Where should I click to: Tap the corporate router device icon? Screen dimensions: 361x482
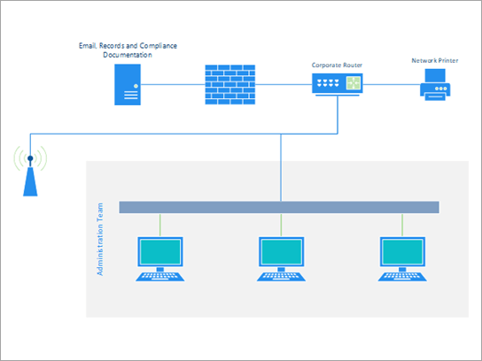(338, 85)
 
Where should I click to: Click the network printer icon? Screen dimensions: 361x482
(435, 87)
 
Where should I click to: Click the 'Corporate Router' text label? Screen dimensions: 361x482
(337, 65)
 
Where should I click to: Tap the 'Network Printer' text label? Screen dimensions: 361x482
(435, 61)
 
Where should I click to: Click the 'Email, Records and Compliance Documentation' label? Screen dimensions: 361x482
(128, 49)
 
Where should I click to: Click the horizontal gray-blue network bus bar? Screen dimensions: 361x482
(278, 207)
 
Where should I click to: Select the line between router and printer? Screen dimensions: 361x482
(391, 85)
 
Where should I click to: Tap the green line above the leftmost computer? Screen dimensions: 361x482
(159, 224)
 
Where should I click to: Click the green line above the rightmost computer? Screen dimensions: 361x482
(403, 224)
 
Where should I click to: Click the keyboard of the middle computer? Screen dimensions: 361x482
(282, 275)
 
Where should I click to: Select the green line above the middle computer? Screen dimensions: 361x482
(282, 224)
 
